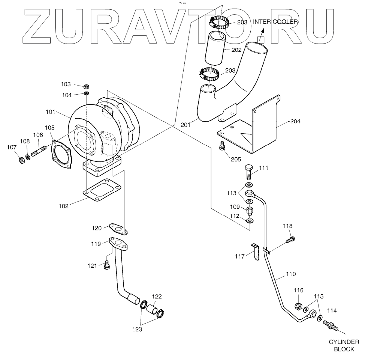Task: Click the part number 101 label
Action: coord(51,112)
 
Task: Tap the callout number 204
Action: coord(295,122)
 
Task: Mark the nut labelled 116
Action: coord(300,306)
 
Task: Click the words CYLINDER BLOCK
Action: coord(344,345)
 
